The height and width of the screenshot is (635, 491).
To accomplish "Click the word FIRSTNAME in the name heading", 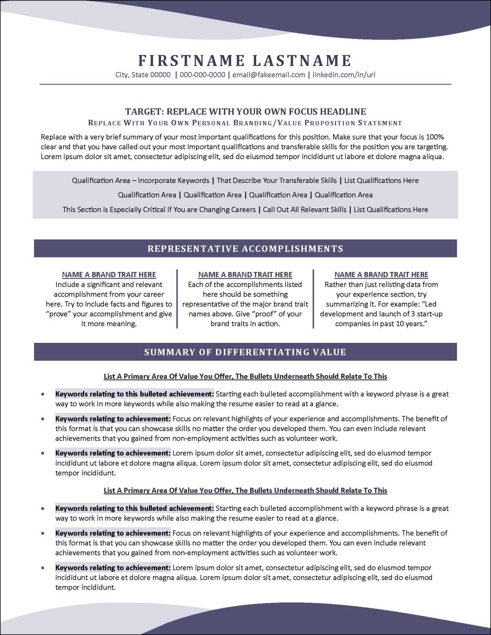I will tap(191, 61).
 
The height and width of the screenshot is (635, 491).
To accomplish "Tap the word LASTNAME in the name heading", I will tap(302, 61).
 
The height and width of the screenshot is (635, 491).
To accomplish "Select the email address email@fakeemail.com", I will tap(269, 75).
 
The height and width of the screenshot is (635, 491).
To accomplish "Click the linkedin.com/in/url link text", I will tap(344, 75).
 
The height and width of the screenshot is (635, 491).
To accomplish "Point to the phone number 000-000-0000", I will tap(203, 75).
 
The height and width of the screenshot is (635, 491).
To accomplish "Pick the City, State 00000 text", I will tap(143, 75).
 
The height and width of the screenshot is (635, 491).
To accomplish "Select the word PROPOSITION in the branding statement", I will tap(329, 123).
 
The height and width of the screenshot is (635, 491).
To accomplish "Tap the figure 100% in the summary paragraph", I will tap(435, 137).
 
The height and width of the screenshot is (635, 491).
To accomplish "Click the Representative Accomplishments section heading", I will tap(245, 248).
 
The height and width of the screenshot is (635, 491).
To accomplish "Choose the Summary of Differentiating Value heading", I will tap(245, 352).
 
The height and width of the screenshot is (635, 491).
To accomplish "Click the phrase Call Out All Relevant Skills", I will tap(305, 209).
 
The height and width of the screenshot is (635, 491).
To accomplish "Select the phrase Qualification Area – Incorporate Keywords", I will tap(140, 180).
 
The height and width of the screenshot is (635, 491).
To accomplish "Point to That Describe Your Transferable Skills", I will tap(277, 180).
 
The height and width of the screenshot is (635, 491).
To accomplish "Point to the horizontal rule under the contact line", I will tap(245, 84).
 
